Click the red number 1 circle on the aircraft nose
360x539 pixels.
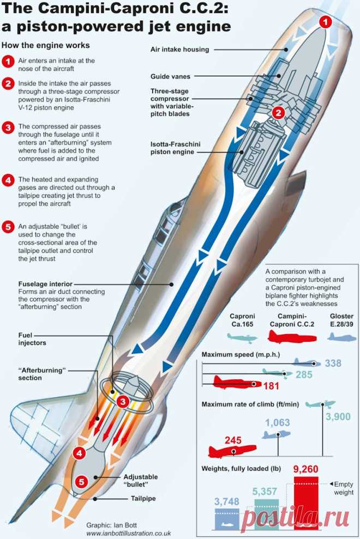pyautogui.click(x=325, y=22)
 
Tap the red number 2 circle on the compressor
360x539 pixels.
pyautogui.click(x=278, y=113)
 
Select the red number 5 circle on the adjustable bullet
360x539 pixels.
pyautogui.click(x=81, y=481)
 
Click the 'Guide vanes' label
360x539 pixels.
pyautogui.click(x=170, y=77)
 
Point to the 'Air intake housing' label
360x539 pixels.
pyautogui.click(x=179, y=49)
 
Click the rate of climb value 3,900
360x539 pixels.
pyautogui.click(x=339, y=416)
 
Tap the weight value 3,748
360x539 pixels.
pyautogui.click(x=227, y=501)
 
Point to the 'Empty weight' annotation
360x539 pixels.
pyautogui.click(x=343, y=488)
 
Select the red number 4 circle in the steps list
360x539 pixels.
pyautogui.click(x=8, y=180)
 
